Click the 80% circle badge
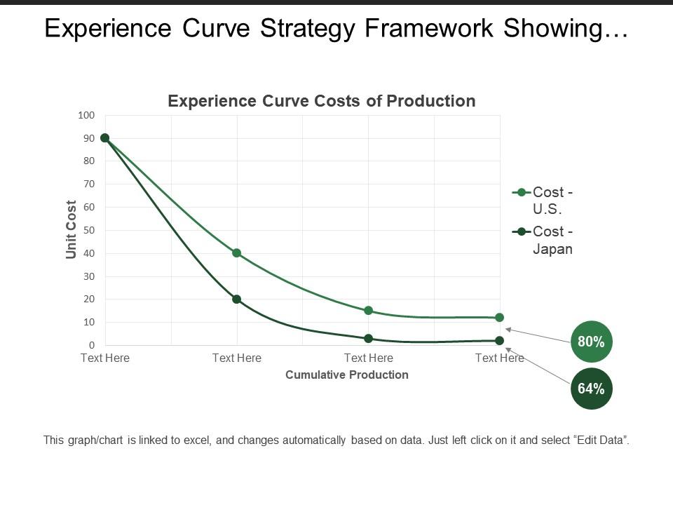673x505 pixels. (x=592, y=342)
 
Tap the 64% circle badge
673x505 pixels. (x=592, y=389)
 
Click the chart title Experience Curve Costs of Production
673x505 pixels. (x=322, y=101)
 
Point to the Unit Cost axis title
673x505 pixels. (x=72, y=229)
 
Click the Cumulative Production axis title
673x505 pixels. (x=347, y=375)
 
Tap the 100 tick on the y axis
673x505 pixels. (x=86, y=115)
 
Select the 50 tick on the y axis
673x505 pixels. (x=88, y=230)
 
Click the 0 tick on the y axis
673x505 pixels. (x=91, y=345)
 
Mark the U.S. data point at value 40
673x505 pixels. (x=237, y=253)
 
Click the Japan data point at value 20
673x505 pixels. (x=237, y=299)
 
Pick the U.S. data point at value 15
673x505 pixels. (x=368, y=311)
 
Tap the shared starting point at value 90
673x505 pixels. (x=105, y=138)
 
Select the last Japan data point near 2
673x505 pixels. (x=499, y=341)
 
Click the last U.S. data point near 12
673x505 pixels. (x=499, y=318)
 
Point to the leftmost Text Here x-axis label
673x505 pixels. (x=105, y=358)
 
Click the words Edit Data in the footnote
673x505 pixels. (x=600, y=440)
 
